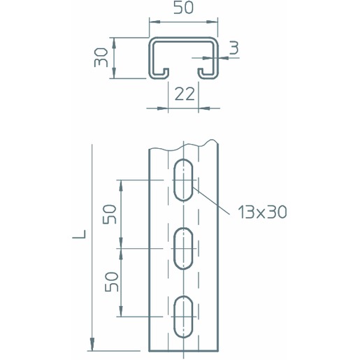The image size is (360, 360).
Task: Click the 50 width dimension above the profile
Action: (184, 7)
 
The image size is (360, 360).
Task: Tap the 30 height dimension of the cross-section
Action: (101, 57)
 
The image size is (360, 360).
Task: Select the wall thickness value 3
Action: (234, 48)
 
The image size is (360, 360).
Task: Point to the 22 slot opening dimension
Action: (185, 94)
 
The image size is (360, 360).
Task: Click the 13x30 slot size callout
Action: (262, 212)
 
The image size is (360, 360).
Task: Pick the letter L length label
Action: (79, 234)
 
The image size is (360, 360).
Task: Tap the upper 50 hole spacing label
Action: (110, 214)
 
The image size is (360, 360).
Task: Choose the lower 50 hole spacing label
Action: (112, 282)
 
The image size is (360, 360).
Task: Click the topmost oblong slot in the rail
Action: (183, 180)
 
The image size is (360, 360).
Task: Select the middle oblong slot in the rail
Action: (183, 249)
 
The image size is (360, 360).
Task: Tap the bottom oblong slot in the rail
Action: (183, 317)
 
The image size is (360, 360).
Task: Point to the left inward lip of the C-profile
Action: (159, 74)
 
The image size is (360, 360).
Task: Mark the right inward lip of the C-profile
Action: (208, 74)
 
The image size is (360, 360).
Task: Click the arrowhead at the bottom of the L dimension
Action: (92, 344)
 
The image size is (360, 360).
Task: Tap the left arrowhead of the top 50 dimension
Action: (154, 22)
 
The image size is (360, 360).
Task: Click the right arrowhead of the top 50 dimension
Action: (212, 22)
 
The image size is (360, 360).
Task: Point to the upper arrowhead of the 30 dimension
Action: (114, 43)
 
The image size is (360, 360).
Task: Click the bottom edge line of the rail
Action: (184, 350)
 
